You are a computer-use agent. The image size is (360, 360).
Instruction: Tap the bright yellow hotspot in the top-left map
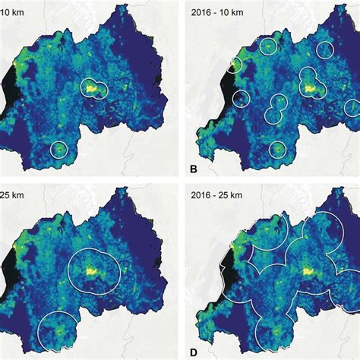(93, 88)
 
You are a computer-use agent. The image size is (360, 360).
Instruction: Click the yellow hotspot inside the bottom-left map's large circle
(93, 270)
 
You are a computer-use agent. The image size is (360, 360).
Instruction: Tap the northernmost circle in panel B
(268, 47)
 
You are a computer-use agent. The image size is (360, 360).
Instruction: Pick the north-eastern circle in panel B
(325, 50)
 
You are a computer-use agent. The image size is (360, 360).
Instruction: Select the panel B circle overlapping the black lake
(232, 67)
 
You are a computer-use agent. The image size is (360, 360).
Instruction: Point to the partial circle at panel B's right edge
(352, 107)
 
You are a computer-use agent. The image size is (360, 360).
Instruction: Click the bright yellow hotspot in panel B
(311, 89)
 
